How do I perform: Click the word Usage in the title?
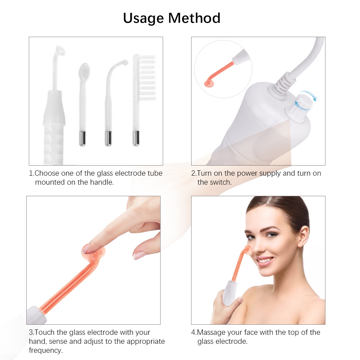pos(144,18)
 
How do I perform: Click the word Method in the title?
pos(194,18)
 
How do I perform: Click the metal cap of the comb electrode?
pos(136,138)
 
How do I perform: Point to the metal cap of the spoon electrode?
pos(82,139)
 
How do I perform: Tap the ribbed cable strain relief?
pos(281,84)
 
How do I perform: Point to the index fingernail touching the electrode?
pos(86,249)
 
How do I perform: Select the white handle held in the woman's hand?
pos(230,293)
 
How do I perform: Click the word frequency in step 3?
pos(46,351)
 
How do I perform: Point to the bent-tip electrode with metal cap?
pos(112,103)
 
